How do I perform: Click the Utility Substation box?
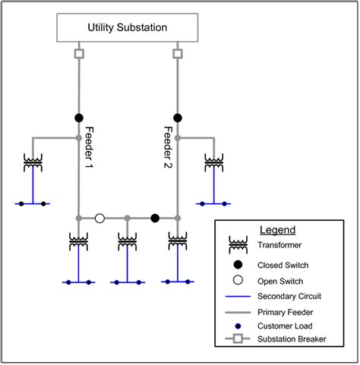click(x=128, y=28)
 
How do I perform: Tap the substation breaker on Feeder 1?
click(x=78, y=54)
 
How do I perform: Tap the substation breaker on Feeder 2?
click(x=178, y=54)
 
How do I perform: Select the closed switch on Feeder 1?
click(x=78, y=118)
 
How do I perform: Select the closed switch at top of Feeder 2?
click(x=178, y=118)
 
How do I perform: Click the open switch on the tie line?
click(x=99, y=219)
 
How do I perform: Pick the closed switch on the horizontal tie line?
click(x=155, y=219)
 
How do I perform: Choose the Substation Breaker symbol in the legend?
click(x=238, y=339)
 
